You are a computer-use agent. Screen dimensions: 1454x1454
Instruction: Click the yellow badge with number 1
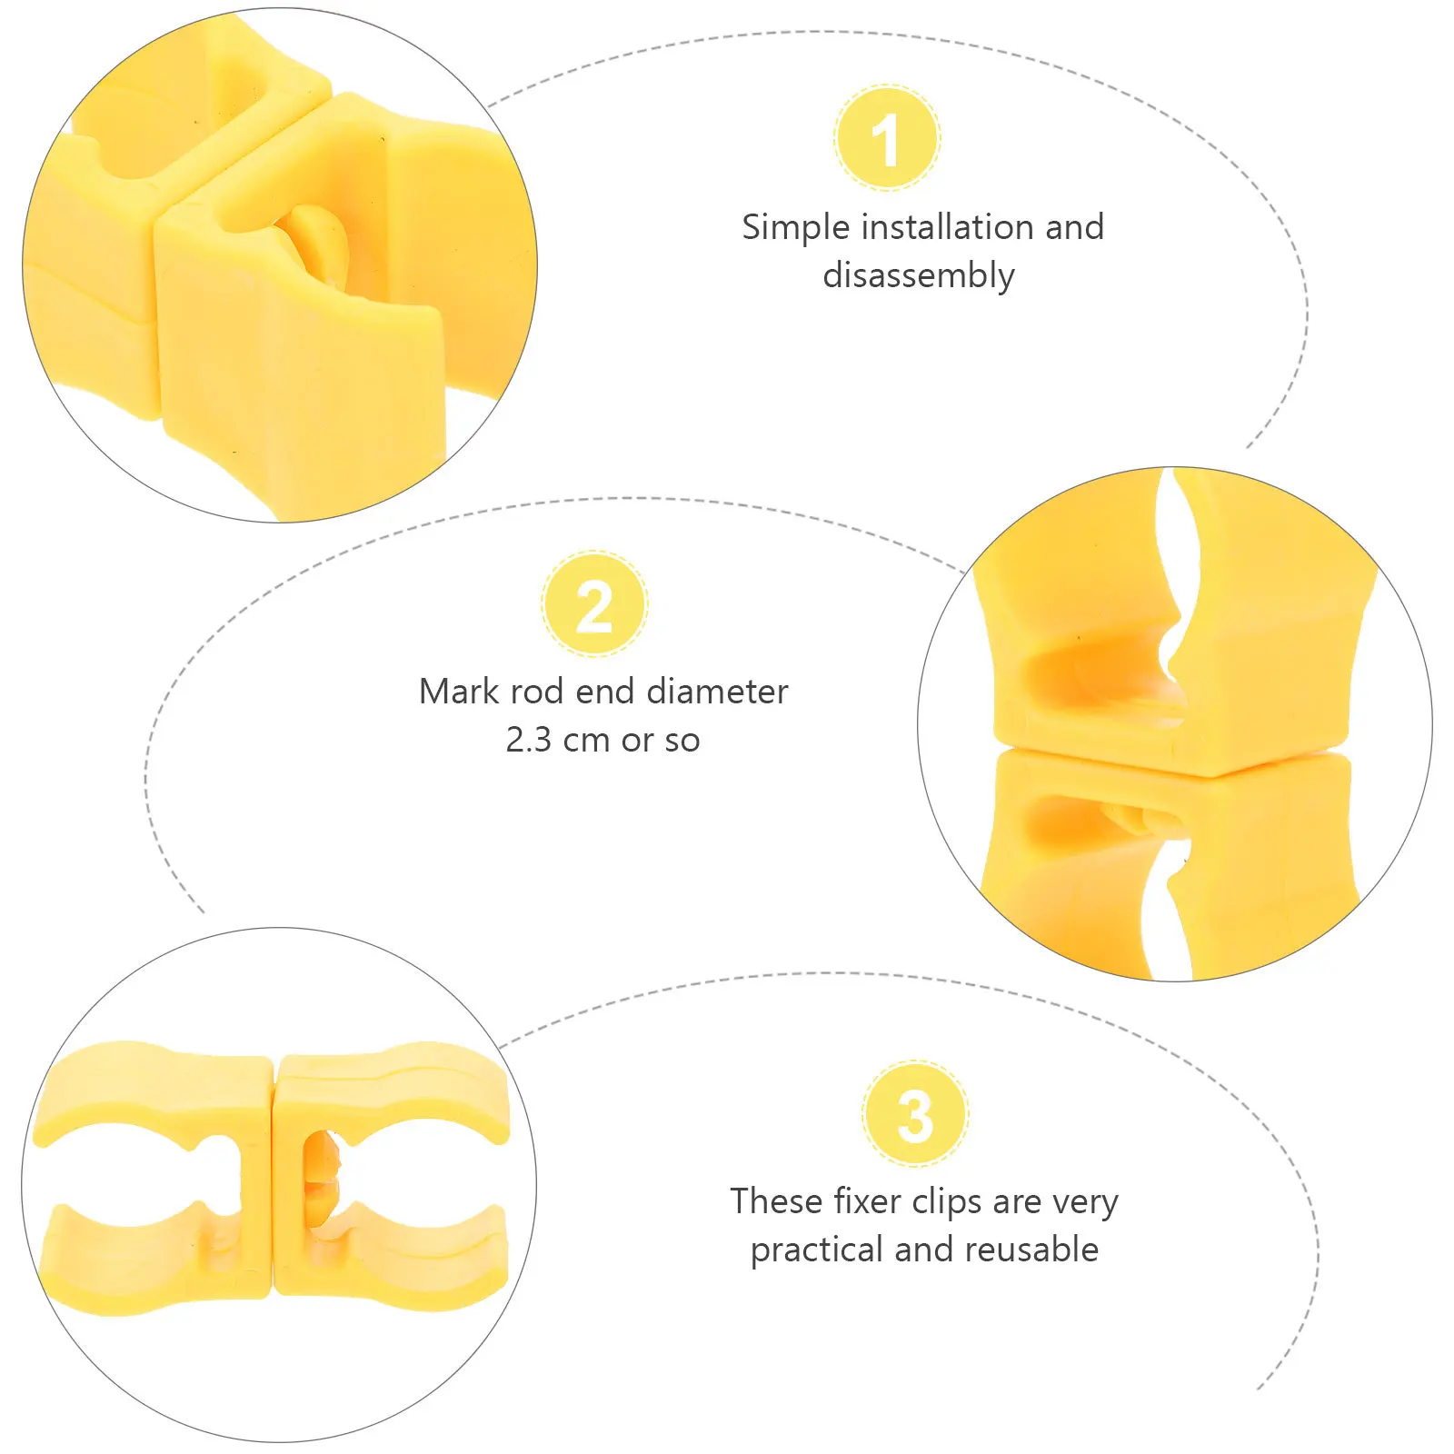coord(887,138)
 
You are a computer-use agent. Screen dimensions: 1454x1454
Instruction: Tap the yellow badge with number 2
coord(594,604)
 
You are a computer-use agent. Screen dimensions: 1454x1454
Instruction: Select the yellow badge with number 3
coord(915,1114)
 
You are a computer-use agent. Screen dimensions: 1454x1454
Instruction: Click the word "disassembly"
coord(918,275)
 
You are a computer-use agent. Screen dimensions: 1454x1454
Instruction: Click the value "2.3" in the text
coord(528,741)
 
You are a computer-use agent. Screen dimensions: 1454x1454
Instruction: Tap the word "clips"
coord(947,1202)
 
